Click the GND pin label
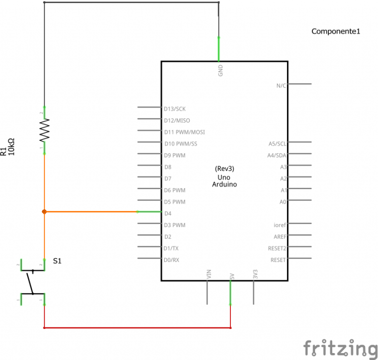(x=220, y=70)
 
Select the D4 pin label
(x=168, y=214)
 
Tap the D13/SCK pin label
(x=175, y=108)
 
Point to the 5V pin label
(x=231, y=274)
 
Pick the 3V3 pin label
(x=255, y=274)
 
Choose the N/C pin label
(x=281, y=85)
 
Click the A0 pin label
(x=283, y=202)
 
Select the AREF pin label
(x=280, y=236)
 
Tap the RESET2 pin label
(x=277, y=248)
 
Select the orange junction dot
(x=44, y=212)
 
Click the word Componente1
(x=336, y=32)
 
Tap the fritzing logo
(x=340, y=349)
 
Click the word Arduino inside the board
(x=224, y=184)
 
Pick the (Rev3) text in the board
(x=224, y=168)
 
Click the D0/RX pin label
(x=172, y=260)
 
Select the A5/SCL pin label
(x=277, y=144)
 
